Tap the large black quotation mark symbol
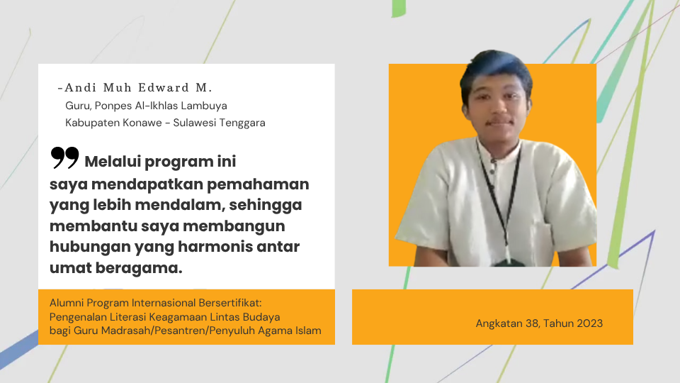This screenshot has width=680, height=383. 64,157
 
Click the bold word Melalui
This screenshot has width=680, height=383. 113,162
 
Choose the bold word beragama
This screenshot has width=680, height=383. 139,268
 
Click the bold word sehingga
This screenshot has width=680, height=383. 266,205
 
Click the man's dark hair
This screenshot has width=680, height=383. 497,70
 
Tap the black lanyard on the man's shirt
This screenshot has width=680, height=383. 499,198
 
